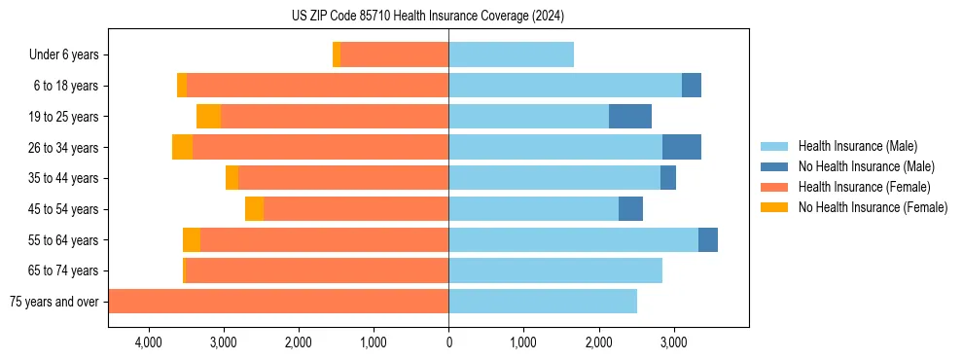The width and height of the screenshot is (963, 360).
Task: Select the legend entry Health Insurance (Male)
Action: pyautogui.click(x=857, y=146)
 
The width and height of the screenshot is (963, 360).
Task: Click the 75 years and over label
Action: pyautogui.click(x=53, y=302)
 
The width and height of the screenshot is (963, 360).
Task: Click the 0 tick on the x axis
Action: pyautogui.click(x=448, y=342)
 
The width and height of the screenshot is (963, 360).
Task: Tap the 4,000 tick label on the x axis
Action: pyautogui.click(x=148, y=342)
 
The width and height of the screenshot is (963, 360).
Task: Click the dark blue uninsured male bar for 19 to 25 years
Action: pyautogui.click(x=630, y=117)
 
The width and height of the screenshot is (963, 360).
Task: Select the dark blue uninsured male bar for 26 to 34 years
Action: pyautogui.click(x=682, y=148)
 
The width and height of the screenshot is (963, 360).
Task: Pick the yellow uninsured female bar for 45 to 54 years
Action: pyautogui.click(x=254, y=209)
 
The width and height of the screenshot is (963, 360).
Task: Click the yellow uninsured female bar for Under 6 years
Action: pyautogui.click(x=337, y=55)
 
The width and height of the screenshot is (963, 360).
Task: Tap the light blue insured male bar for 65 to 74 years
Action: pyautogui.click(x=555, y=270)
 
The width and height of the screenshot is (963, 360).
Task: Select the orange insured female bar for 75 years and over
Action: pyautogui.click(x=278, y=302)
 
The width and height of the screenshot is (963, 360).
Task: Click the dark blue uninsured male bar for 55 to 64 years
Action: pyautogui.click(x=708, y=240)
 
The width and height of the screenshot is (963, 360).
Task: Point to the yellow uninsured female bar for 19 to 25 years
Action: pyautogui.click(x=208, y=117)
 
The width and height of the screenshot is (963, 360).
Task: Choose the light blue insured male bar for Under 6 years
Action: pyautogui.click(x=511, y=55)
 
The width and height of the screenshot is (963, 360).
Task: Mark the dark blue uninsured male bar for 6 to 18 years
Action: pyautogui.click(x=692, y=86)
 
